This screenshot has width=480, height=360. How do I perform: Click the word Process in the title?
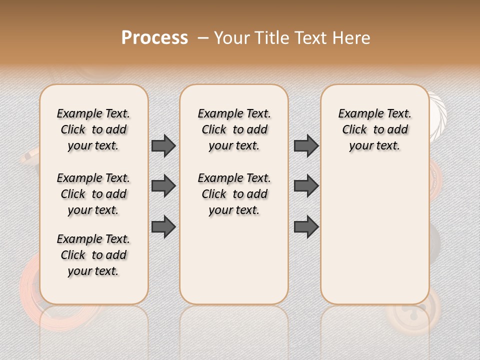154,37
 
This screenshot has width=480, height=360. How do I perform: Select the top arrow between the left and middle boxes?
163,145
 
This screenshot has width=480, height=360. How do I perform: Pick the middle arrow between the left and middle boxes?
163,186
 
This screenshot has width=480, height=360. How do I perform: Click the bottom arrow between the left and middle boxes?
163,226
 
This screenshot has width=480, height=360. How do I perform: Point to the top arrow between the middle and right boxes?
306,145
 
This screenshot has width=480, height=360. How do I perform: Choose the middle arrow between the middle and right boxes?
306,186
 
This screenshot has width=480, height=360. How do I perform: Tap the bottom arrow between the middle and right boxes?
306,226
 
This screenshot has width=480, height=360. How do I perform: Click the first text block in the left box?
93,129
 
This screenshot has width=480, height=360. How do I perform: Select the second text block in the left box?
93,194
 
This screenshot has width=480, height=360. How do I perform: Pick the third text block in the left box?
93,255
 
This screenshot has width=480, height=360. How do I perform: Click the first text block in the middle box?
234,129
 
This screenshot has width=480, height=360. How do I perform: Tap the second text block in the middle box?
234,194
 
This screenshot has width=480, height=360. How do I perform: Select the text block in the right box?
374,129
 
